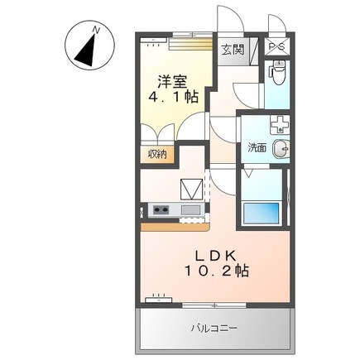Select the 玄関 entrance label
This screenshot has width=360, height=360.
[x=233, y=49]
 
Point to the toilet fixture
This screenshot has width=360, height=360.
[x=276, y=79]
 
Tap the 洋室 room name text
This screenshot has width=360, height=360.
[x=173, y=81]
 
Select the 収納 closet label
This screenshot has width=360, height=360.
[x=157, y=154]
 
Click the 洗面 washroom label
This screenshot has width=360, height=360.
[x=257, y=148]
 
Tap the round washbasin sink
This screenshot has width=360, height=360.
[x=281, y=149]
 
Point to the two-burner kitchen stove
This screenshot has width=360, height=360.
[x=160, y=209]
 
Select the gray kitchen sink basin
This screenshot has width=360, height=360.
[x=190, y=209]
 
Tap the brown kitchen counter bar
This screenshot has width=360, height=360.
[x=175, y=223]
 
